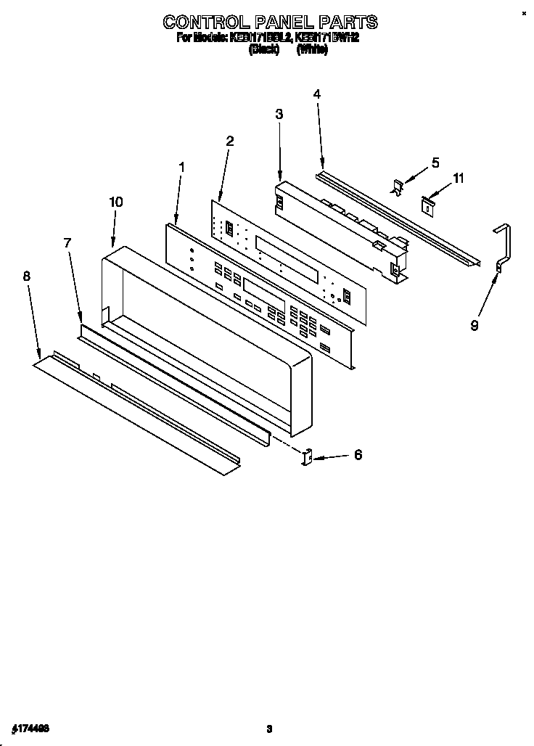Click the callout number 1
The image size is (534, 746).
pos(181,167)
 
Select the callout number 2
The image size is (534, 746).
pos(229,141)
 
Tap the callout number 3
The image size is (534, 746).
pos(279,114)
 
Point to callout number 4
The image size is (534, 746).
pos(317,94)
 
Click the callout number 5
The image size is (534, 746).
pos(435,163)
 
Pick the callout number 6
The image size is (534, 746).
pos(357,455)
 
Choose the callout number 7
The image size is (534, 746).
pos(67,243)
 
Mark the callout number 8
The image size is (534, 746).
pos(27,276)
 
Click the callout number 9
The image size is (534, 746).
pos(475,326)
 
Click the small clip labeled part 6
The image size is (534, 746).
pos(306,456)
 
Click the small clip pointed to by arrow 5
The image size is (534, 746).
pos(398,186)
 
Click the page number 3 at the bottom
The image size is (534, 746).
pos(268,728)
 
